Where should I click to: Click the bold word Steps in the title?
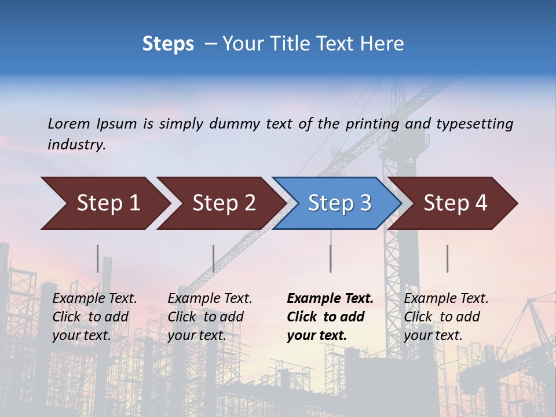(x=168, y=44)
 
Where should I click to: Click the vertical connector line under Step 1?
(x=98, y=258)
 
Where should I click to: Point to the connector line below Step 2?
(x=214, y=258)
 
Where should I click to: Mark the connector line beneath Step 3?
(x=331, y=258)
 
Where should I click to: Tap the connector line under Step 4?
(x=448, y=258)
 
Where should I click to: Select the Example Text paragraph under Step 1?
(x=94, y=317)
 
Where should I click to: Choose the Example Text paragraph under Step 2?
(x=210, y=317)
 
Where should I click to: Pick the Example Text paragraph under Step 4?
(x=446, y=317)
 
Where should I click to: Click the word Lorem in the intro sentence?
(x=69, y=124)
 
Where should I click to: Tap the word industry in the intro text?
(x=76, y=145)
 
